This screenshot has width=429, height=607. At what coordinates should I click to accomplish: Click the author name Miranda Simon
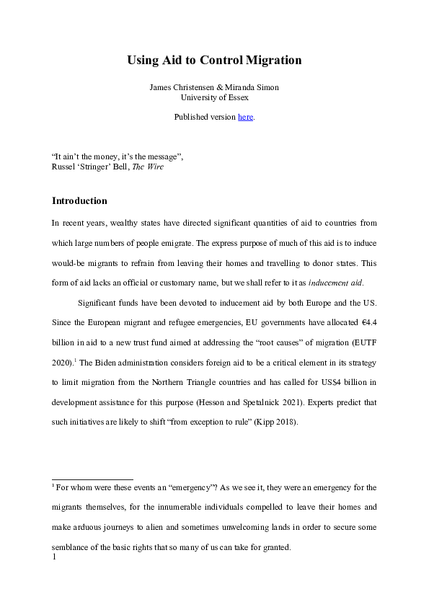(255, 87)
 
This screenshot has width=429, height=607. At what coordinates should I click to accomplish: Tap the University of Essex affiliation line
(214, 97)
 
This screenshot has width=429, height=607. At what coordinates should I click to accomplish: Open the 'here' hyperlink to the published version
(245, 117)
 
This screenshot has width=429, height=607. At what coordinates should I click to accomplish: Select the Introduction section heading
(79, 200)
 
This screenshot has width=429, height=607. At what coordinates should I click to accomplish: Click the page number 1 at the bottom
(54, 556)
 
